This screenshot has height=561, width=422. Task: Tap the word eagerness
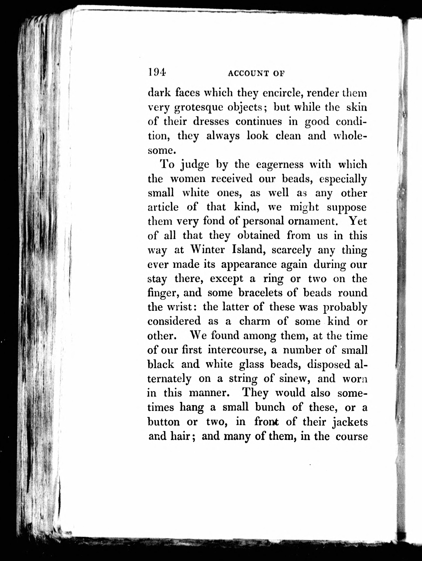tap(279, 165)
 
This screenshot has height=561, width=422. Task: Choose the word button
tap(164, 422)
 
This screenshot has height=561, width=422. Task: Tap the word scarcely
tap(291, 250)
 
